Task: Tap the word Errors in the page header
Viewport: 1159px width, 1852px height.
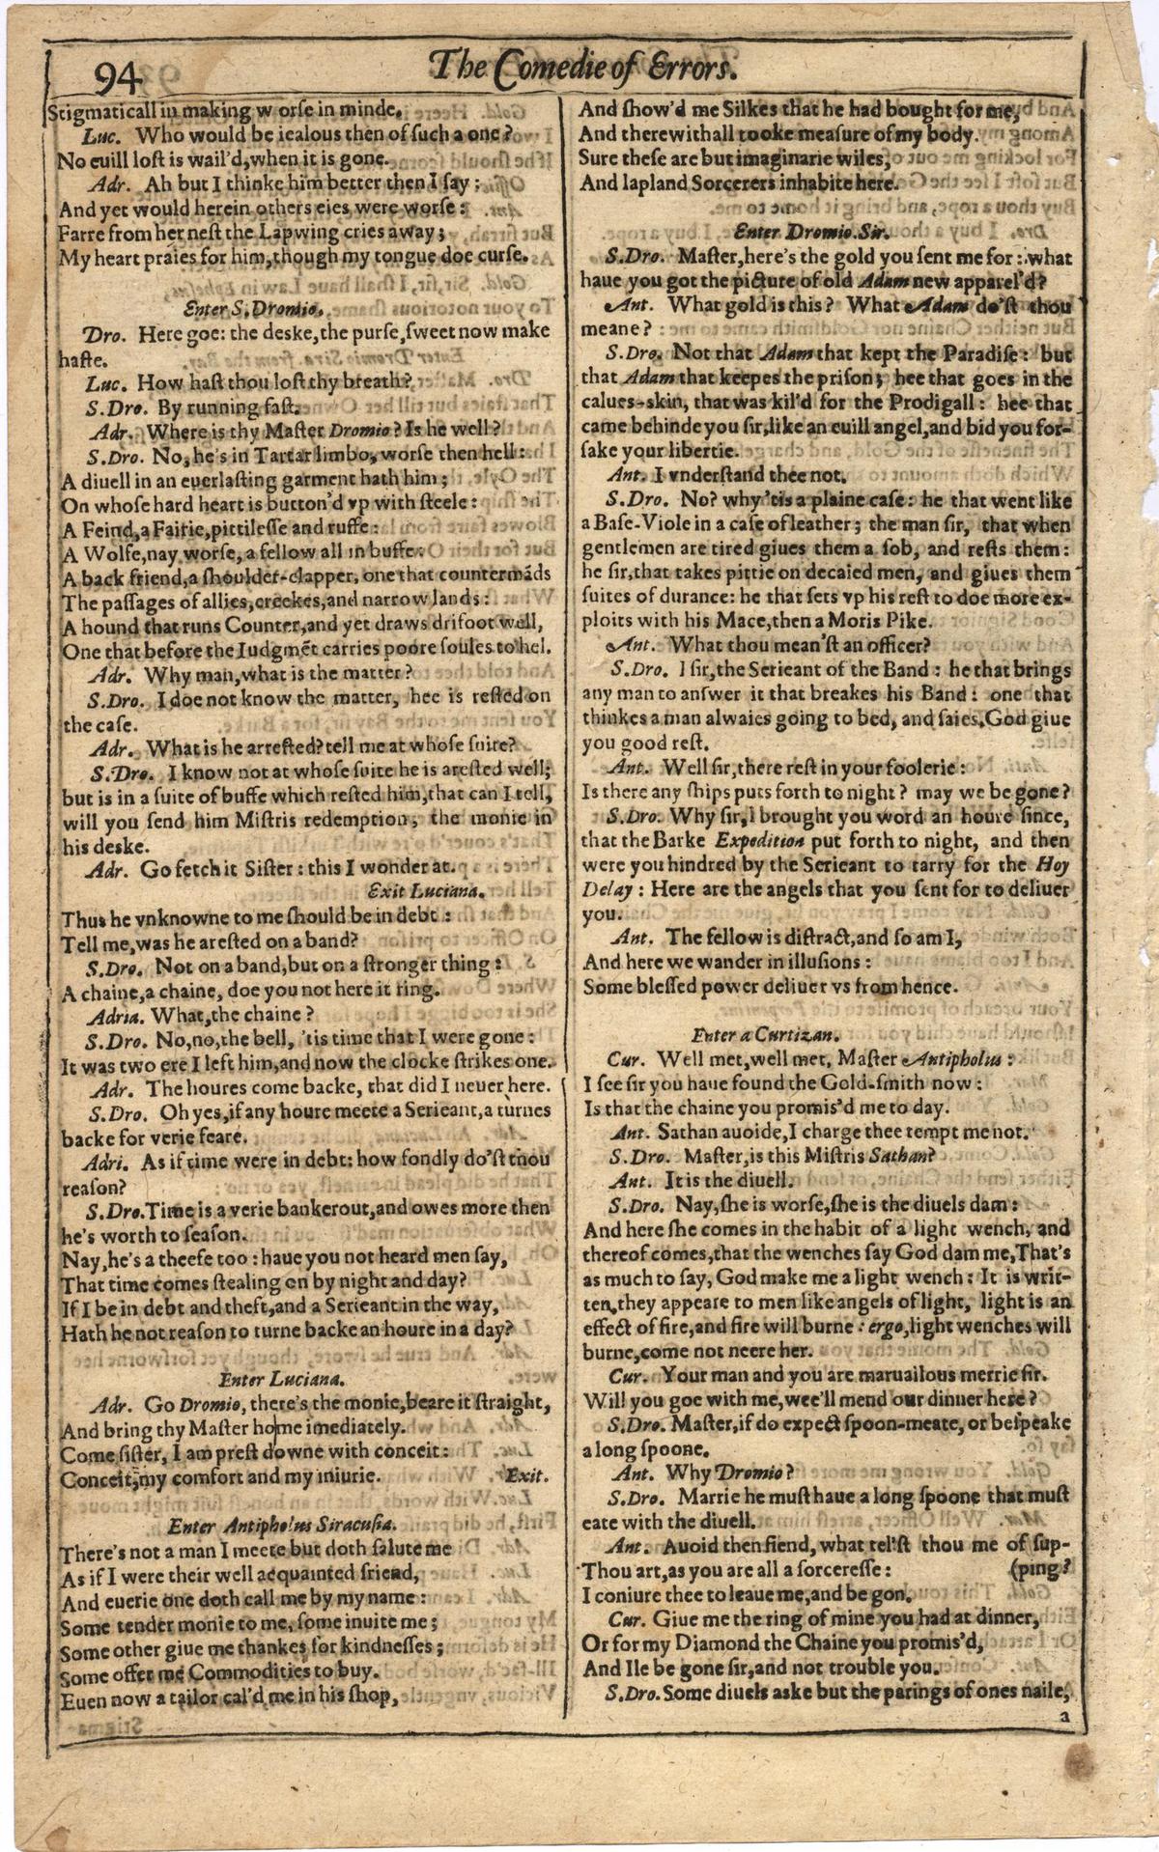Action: (x=693, y=68)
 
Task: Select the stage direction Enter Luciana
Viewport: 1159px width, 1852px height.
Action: (x=270, y=1378)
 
